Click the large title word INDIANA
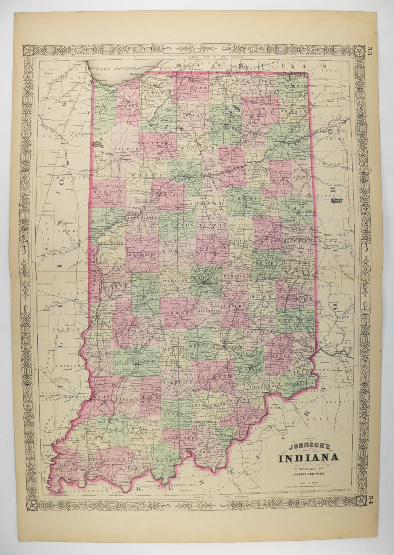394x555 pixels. click(x=308, y=458)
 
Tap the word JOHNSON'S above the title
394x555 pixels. click(x=304, y=446)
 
